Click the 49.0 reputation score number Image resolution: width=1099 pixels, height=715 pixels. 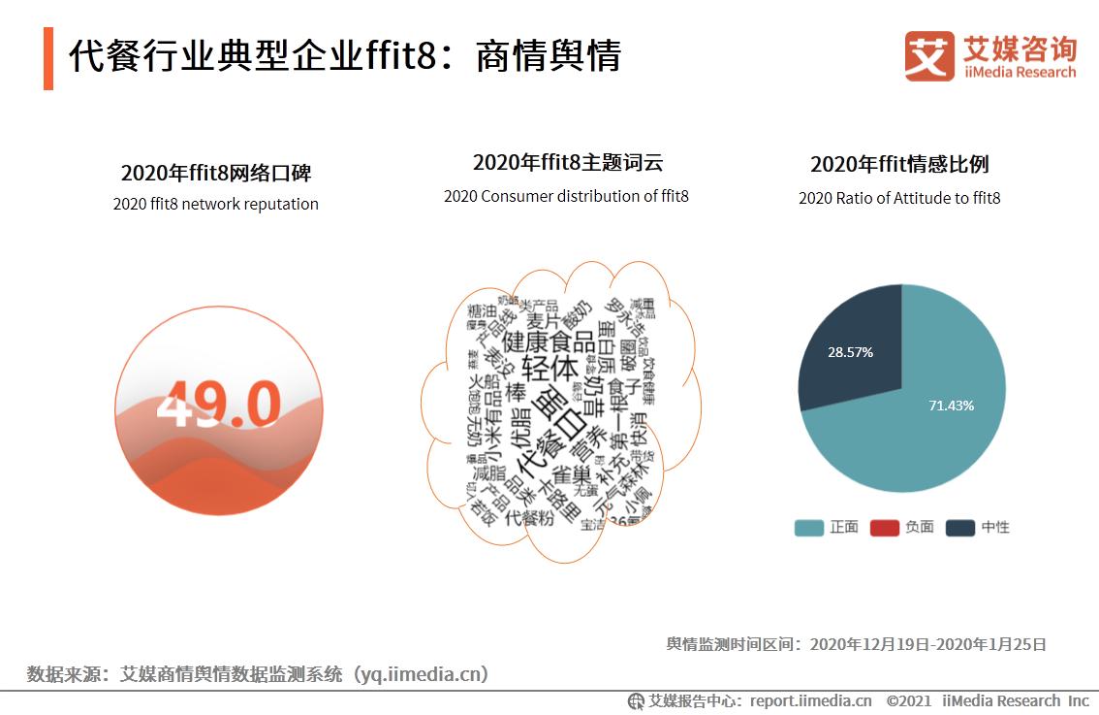[x=218, y=404]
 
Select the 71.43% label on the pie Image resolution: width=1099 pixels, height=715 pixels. [x=951, y=406]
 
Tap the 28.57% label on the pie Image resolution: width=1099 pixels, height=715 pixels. [x=850, y=352]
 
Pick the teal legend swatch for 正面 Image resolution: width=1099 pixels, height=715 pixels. [x=808, y=528]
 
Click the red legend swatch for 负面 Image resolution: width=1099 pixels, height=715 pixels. [x=884, y=528]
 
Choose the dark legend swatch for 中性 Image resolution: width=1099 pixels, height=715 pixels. [x=959, y=528]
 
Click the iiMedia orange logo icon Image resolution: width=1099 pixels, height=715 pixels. [x=929, y=56]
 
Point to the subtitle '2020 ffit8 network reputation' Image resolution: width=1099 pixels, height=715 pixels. [x=215, y=204]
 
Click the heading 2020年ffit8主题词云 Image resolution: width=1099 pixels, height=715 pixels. [x=567, y=163]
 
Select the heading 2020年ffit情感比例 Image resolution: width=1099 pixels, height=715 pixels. [x=899, y=164]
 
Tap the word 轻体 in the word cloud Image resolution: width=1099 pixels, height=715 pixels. [x=549, y=369]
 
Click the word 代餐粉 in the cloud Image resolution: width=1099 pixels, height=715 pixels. [x=530, y=517]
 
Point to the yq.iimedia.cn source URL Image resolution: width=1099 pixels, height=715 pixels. [x=417, y=673]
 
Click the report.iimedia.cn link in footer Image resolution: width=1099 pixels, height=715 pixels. [x=810, y=700]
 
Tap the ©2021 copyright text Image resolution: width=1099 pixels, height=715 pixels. [x=908, y=700]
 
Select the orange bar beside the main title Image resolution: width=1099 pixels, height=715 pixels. [x=48, y=58]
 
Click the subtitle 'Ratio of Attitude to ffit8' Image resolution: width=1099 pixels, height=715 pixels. [x=899, y=198]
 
